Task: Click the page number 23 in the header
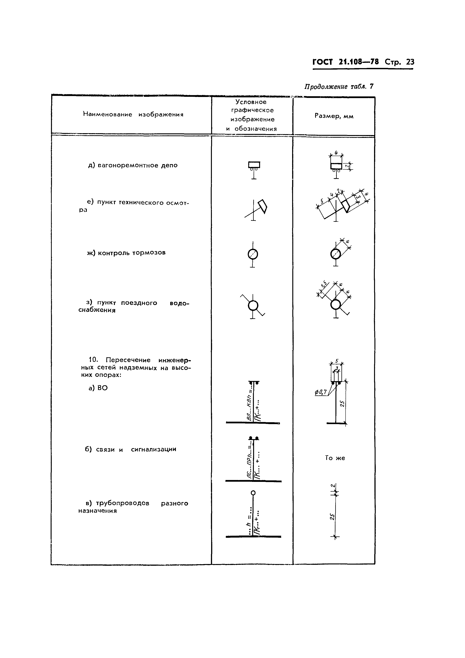click(x=410, y=62)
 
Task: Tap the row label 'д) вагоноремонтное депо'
click(x=133, y=165)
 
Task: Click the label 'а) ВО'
click(x=98, y=388)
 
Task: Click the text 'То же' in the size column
click(x=335, y=458)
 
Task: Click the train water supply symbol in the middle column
click(x=253, y=306)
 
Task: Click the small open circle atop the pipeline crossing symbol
click(x=253, y=493)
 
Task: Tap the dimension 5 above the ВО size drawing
click(x=337, y=361)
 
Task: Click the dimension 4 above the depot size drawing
click(x=336, y=152)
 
